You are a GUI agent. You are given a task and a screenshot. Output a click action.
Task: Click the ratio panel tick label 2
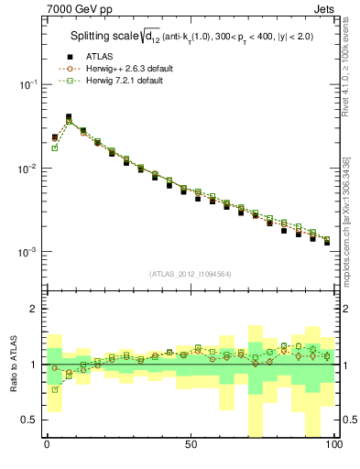(33, 310)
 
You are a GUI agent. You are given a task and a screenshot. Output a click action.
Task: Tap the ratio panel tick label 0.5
(28, 420)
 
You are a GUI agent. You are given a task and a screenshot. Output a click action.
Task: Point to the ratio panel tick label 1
(33, 365)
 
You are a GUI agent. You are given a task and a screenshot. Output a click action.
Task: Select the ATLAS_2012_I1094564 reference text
(190, 274)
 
